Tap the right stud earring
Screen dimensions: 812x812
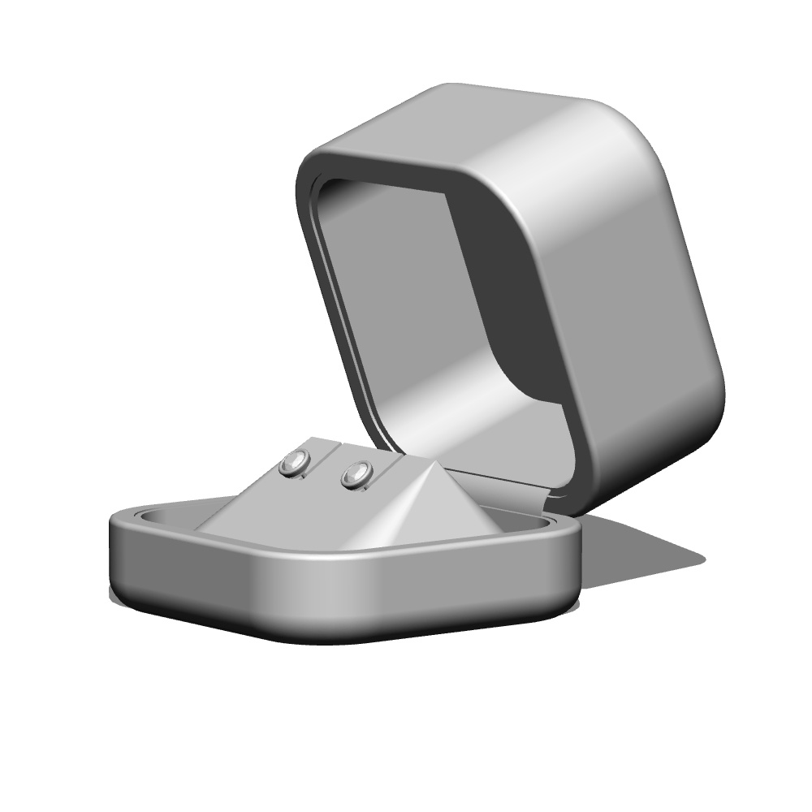356,473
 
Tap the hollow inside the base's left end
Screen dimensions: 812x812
162,518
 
